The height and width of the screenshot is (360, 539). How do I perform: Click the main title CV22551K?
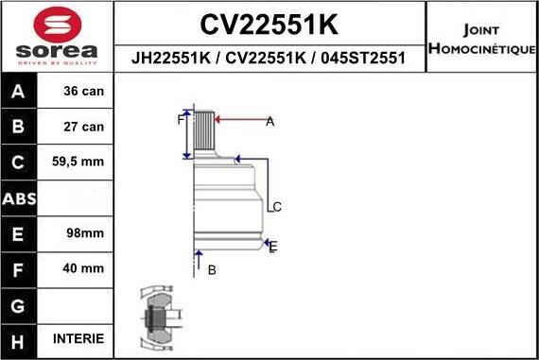tap(269, 24)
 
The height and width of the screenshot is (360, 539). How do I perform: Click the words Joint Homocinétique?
tap(482, 38)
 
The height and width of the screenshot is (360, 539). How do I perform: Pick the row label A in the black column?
tap(20, 93)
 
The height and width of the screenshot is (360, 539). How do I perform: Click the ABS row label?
tap(20, 198)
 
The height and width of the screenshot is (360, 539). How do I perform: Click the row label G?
tap(20, 304)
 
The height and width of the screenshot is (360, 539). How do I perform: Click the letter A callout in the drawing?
tap(269, 121)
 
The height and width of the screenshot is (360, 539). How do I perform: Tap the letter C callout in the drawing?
tap(277, 207)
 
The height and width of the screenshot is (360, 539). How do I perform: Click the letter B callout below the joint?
tap(212, 270)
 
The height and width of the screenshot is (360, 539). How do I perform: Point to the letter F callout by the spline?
tap(180, 120)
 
